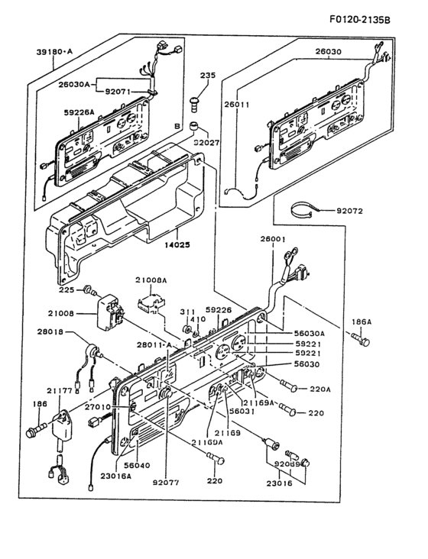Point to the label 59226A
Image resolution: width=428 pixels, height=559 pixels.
point(80,112)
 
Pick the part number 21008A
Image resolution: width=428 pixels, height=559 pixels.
point(151,280)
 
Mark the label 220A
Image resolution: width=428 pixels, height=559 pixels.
point(320,389)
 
